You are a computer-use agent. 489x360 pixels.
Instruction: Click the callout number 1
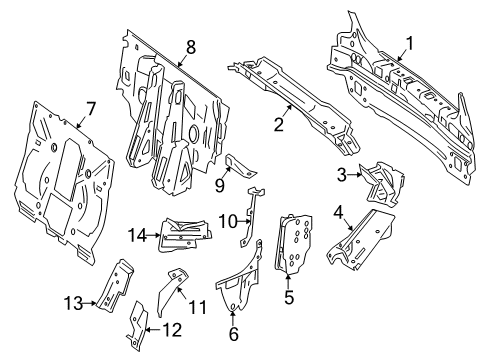409,44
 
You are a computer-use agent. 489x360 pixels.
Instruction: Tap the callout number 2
278,124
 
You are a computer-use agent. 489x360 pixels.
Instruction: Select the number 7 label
90,109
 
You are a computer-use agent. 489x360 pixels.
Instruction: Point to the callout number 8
191,47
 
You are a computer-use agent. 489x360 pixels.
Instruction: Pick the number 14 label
138,235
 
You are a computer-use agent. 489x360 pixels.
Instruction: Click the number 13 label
73,303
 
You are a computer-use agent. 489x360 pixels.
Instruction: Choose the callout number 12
173,330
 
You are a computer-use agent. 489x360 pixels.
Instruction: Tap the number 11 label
198,307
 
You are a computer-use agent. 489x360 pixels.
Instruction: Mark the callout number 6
234,333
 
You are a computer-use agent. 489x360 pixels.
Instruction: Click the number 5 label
289,297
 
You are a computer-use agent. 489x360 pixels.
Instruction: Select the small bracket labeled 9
241,166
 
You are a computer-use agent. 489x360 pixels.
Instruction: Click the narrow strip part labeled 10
251,216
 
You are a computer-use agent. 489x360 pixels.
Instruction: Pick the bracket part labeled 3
383,184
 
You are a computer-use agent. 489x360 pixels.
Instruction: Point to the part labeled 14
185,234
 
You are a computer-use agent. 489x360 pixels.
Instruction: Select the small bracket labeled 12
137,326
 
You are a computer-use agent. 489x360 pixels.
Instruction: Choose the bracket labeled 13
115,286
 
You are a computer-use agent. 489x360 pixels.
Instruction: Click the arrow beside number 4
347,223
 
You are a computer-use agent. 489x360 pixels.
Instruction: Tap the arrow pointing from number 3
355,174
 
